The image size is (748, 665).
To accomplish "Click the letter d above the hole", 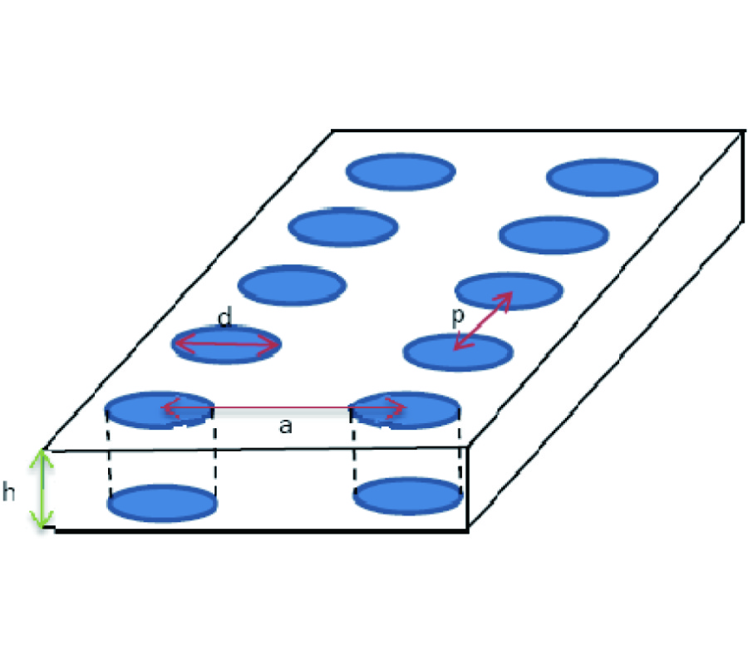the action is tap(224, 317).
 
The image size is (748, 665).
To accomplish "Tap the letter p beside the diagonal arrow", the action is tap(457, 317).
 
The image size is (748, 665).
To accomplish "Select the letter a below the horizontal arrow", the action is tap(285, 426).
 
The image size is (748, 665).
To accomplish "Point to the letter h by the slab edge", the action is tap(8, 491).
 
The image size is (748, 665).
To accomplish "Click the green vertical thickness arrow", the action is tap(42, 489).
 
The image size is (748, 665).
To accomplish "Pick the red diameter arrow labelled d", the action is tap(227, 343).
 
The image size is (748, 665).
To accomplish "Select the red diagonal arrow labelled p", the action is tap(483, 321).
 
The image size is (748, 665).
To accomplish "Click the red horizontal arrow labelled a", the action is tap(283, 408).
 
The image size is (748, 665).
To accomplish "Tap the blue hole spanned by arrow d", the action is tap(227, 345).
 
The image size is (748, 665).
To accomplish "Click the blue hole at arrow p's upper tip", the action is tap(509, 290).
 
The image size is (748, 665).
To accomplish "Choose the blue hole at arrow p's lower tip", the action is tap(458, 352).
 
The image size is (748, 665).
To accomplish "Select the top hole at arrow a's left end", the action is tap(160, 410).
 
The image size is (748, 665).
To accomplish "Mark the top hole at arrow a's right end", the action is tap(405, 410).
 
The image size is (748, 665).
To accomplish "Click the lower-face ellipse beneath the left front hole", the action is tap(162, 503).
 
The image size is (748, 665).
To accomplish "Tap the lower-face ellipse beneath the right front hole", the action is tap(408, 496).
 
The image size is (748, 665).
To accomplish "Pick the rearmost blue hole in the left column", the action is tap(401, 172).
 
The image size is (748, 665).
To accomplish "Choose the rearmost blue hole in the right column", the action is tap(602, 177).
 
